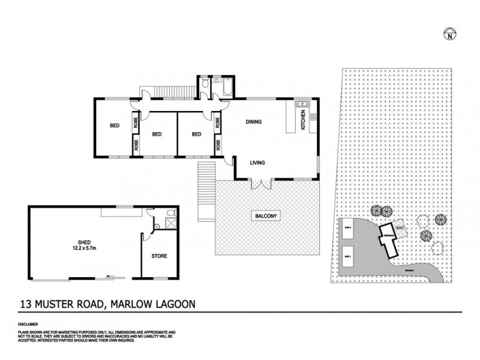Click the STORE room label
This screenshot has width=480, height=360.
(158, 256)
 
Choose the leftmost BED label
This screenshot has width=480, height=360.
(113, 125)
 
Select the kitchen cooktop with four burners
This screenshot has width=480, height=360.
(314, 116)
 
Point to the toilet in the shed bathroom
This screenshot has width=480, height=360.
(170, 212)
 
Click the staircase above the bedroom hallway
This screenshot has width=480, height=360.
(174, 91)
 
